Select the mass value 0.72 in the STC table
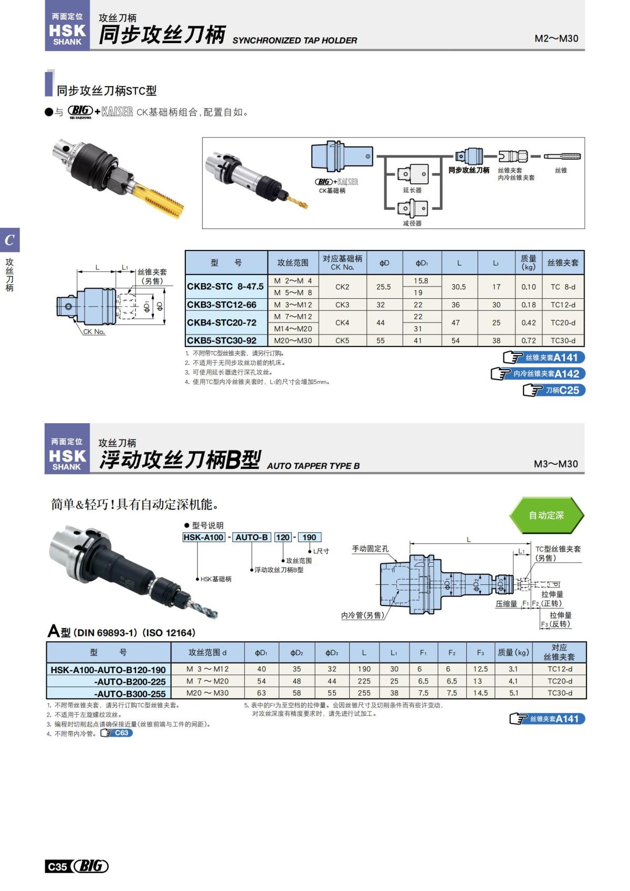(x=528, y=340)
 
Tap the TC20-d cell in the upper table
(x=563, y=322)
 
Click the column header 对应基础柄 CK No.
(x=342, y=263)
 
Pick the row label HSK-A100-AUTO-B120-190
(x=108, y=669)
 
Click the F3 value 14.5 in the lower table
(x=480, y=693)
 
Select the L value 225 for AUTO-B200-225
(x=364, y=681)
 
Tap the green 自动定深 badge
(x=546, y=515)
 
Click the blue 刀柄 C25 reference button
(x=554, y=390)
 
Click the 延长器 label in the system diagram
(x=412, y=190)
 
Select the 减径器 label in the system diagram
(x=412, y=223)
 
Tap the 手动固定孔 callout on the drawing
(x=370, y=549)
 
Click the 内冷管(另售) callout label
(x=363, y=615)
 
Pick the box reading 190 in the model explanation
(x=309, y=537)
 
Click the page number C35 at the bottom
(x=57, y=866)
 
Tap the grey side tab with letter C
(x=9, y=240)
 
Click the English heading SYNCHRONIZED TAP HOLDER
(x=295, y=40)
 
